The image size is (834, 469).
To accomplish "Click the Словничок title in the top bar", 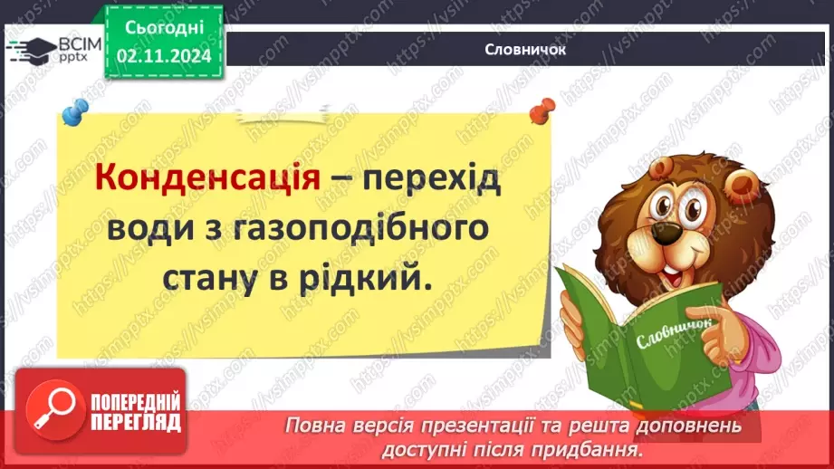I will click(x=525, y=51).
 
